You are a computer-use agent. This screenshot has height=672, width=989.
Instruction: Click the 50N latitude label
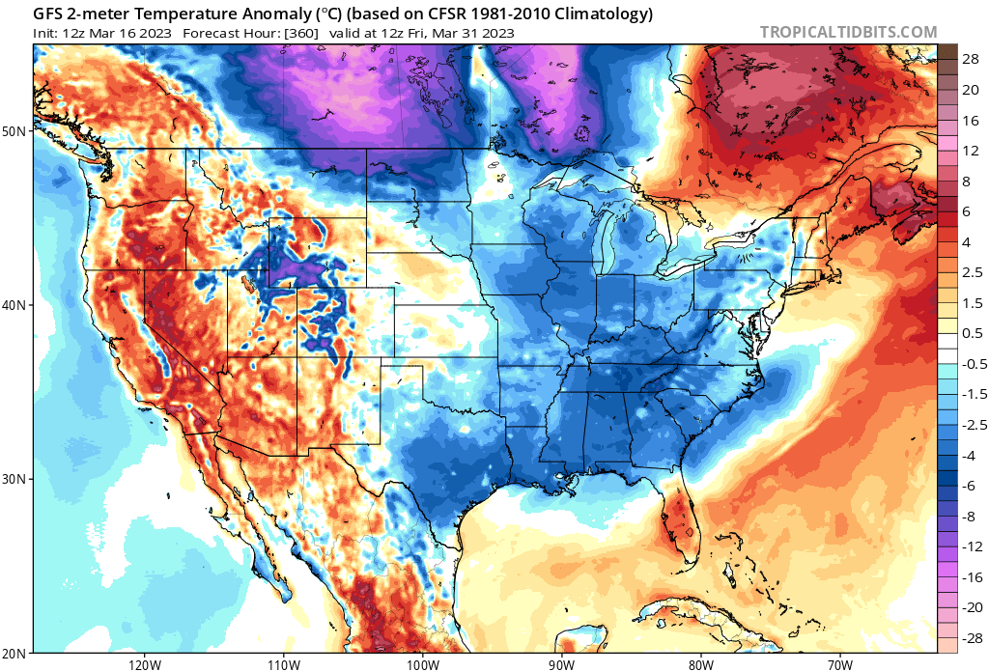pyautogui.click(x=14, y=131)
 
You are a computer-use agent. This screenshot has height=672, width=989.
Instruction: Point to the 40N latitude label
pyautogui.click(x=14, y=305)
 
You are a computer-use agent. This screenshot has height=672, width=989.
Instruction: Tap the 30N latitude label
pyautogui.click(x=14, y=479)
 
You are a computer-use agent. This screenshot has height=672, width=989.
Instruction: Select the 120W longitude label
pyautogui.click(x=144, y=664)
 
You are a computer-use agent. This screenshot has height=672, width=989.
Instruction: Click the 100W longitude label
pyautogui.click(x=422, y=664)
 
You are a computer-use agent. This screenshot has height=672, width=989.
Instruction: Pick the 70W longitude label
pyautogui.click(x=839, y=664)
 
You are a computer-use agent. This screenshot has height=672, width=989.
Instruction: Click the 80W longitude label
pyautogui.click(x=701, y=664)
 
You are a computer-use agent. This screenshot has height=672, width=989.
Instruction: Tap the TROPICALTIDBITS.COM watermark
pyautogui.click(x=848, y=32)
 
